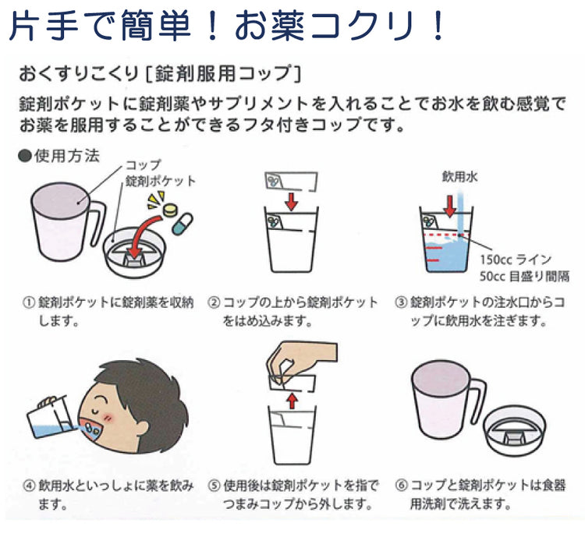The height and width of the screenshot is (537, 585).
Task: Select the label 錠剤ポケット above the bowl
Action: pyautogui.click(x=161, y=181)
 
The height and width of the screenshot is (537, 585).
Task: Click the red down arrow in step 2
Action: pyautogui.click(x=291, y=201)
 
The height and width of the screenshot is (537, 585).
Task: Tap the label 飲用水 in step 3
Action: pyautogui.click(x=459, y=177)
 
